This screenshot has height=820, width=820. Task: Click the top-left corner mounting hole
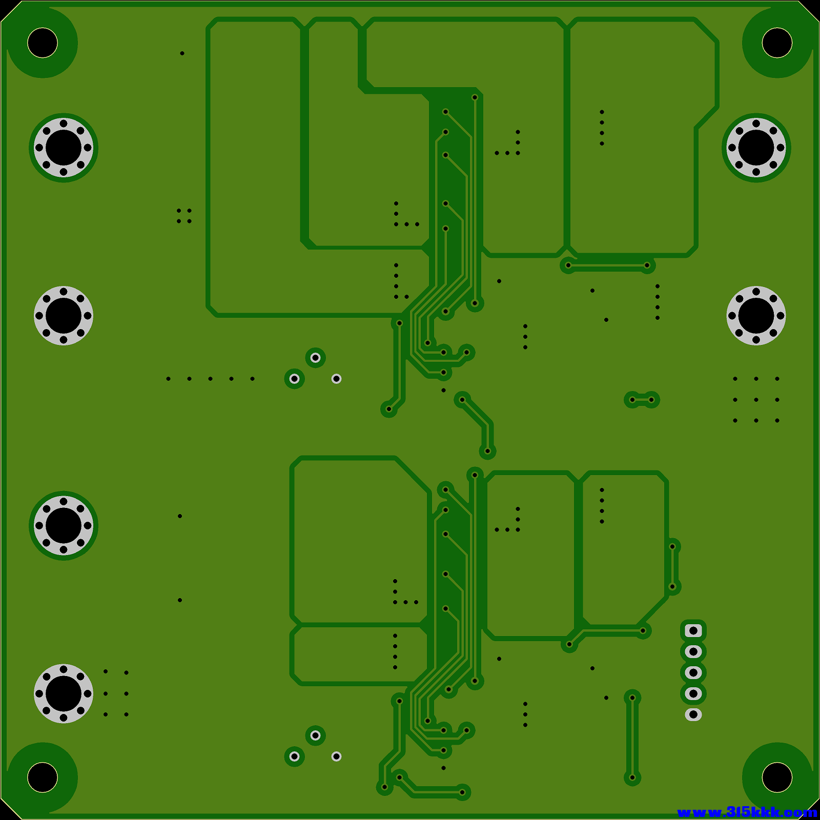click(43, 43)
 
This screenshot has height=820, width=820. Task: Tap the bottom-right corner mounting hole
click(777, 777)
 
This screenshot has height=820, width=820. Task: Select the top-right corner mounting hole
click(777, 43)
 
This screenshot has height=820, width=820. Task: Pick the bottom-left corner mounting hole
click(43, 777)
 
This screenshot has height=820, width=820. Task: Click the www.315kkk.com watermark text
click(747, 812)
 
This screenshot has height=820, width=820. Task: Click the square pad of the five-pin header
click(693, 630)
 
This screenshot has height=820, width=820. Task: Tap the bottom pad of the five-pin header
click(693, 714)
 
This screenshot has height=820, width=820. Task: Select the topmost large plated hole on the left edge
click(64, 148)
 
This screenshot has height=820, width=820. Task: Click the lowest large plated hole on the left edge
click(64, 693)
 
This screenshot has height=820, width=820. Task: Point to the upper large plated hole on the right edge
click(756, 148)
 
